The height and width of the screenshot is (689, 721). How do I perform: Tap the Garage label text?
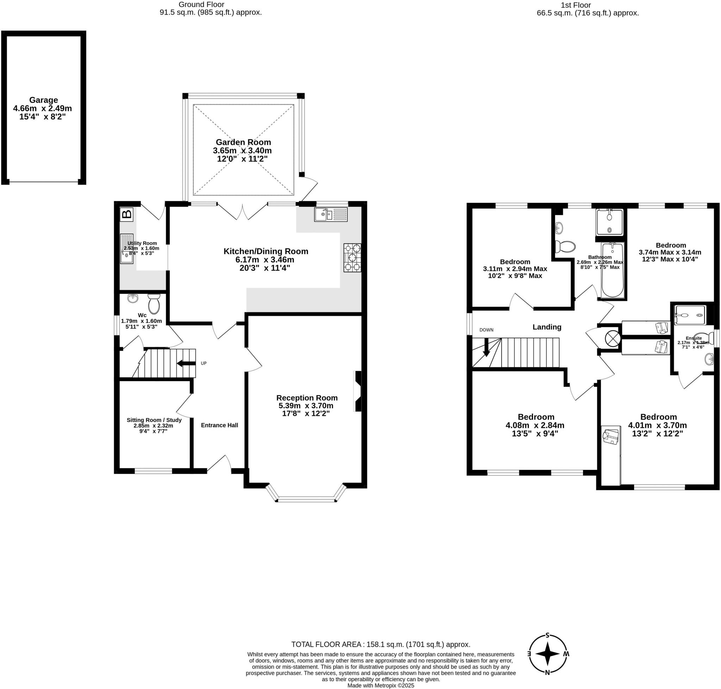[43, 100]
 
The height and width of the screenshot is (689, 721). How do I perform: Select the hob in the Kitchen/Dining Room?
[352, 258]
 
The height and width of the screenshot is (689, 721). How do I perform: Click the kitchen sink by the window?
[330, 215]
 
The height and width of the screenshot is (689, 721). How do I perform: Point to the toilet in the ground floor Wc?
[154, 304]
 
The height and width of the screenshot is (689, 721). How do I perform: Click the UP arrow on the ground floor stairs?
[186, 363]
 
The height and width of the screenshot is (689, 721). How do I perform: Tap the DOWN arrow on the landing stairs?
[486, 347]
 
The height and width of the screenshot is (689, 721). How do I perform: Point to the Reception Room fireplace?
[357, 391]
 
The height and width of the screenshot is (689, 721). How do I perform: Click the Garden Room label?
[243, 142]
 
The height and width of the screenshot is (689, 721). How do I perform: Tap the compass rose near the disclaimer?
[547, 654]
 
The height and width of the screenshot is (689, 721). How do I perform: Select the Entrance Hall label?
[219, 425]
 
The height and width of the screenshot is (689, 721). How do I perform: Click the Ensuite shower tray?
[690, 315]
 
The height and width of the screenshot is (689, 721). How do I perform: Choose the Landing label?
[547, 327]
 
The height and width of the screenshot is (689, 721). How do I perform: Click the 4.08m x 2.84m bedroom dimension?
[535, 425]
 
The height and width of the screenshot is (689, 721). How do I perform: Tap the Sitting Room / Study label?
[154, 420]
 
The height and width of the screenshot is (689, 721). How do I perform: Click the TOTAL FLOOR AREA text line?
[380, 644]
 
